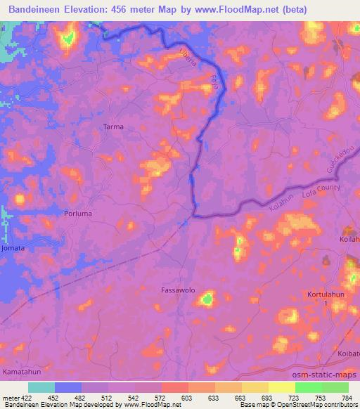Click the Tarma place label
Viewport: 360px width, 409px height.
tap(113, 126)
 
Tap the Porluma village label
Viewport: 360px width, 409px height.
tap(78, 213)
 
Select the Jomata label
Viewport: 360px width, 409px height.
tap(13, 248)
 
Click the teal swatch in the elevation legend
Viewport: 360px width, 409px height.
tap(41, 387)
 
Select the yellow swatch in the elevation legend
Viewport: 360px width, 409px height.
tap(281, 387)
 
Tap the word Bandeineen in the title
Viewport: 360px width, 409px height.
tap(41, 7)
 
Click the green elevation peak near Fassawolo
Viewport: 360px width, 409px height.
tap(207, 299)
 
